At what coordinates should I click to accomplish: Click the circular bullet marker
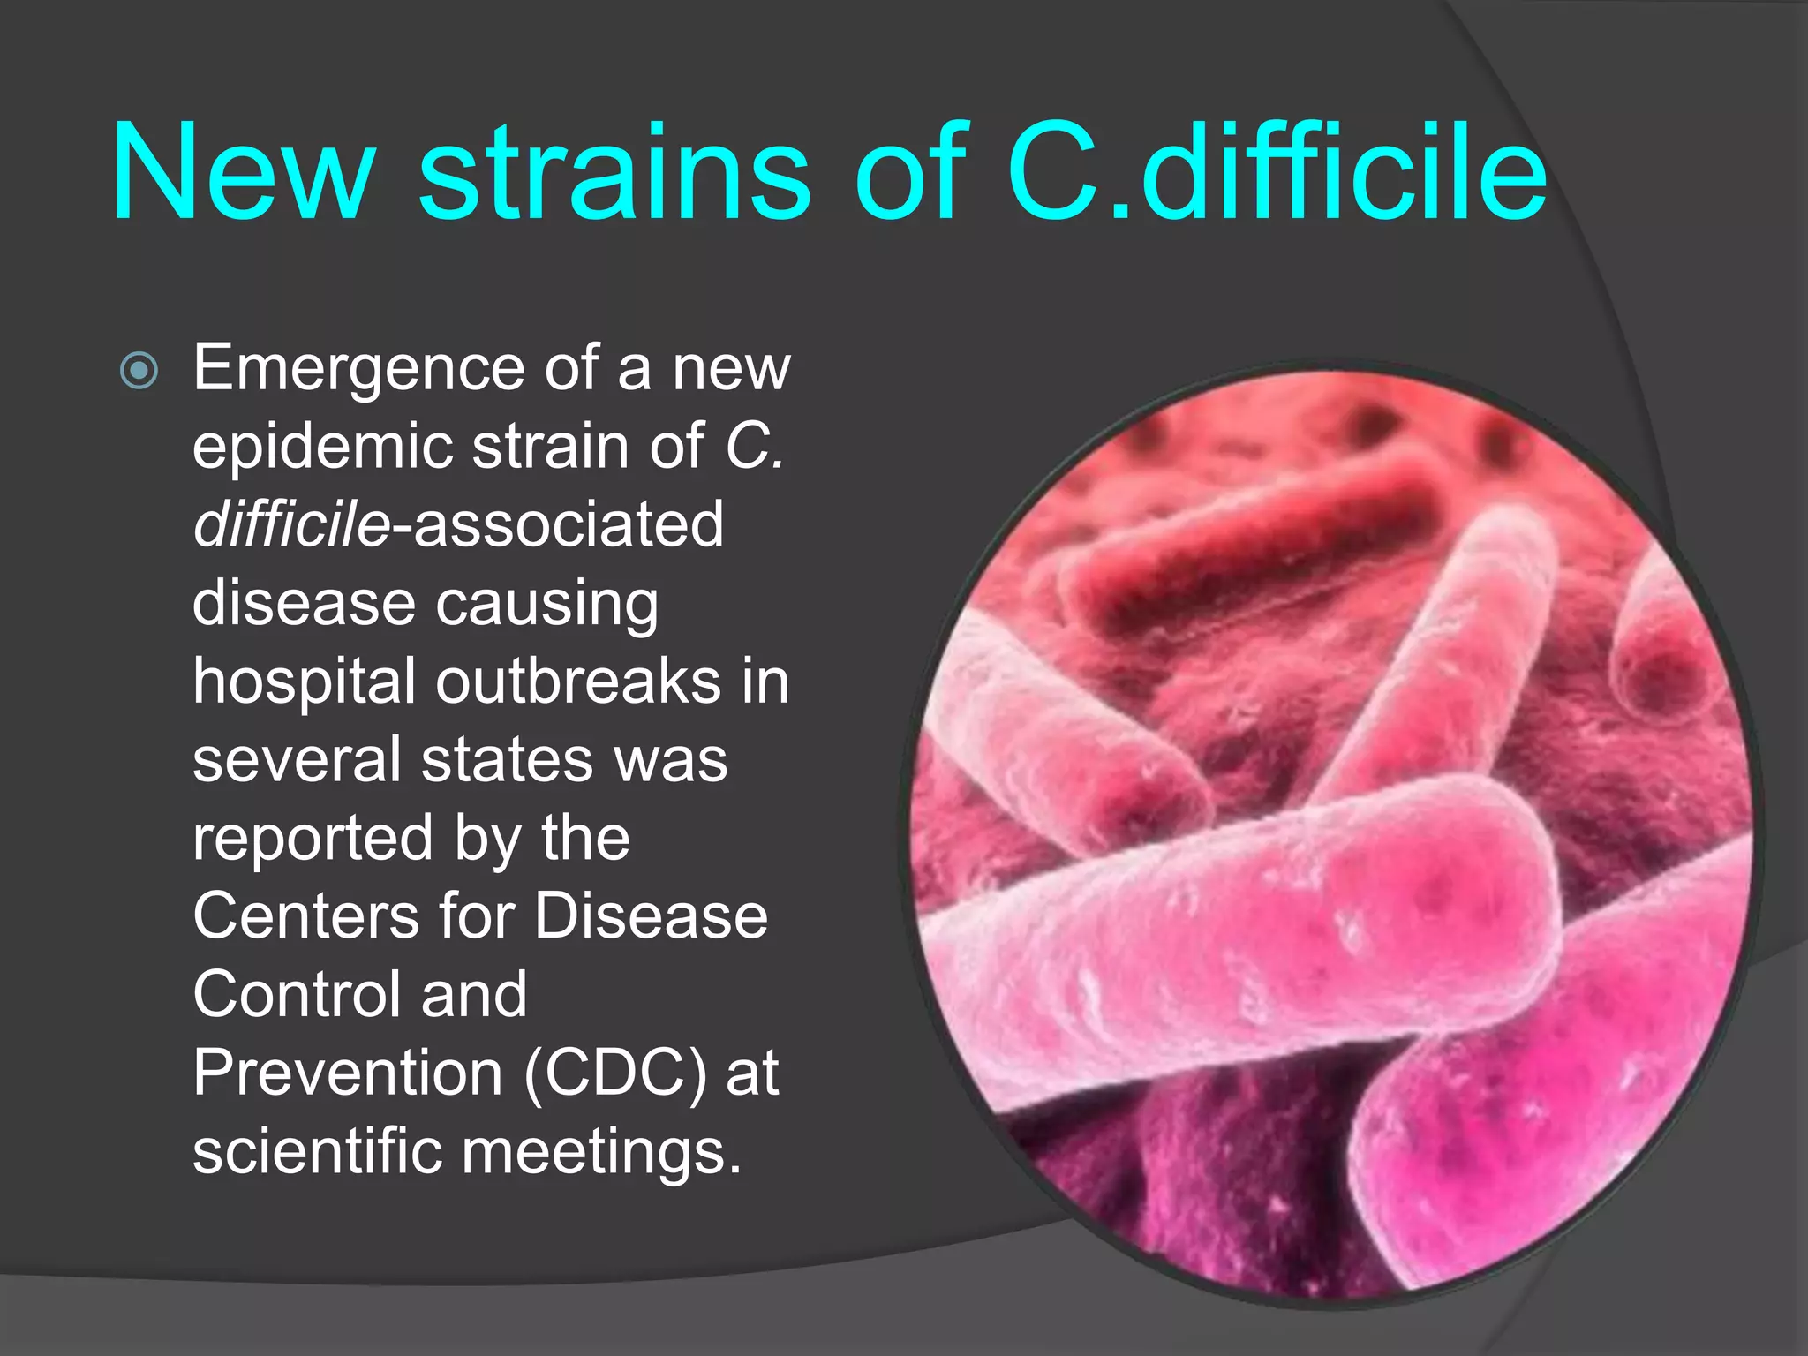[x=139, y=370]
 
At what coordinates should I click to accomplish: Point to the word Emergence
[x=358, y=369]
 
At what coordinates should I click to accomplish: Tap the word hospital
[x=304, y=682]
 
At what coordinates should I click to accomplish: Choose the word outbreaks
[x=578, y=682]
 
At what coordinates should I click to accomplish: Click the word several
[x=297, y=760]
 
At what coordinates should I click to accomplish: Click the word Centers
[x=305, y=916]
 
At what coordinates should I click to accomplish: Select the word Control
[x=297, y=995]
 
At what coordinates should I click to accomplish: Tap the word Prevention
[x=348, y=1073]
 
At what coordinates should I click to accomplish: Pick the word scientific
[x=317, y=1151]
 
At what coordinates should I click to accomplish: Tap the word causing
[x=547, y=605]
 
